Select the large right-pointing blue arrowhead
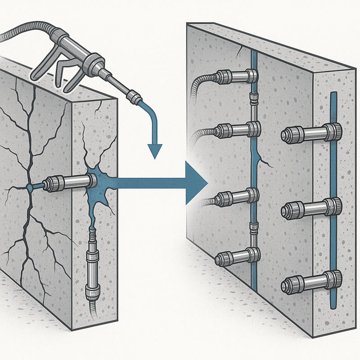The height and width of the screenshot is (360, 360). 197,182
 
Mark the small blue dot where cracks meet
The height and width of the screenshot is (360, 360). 30,186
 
